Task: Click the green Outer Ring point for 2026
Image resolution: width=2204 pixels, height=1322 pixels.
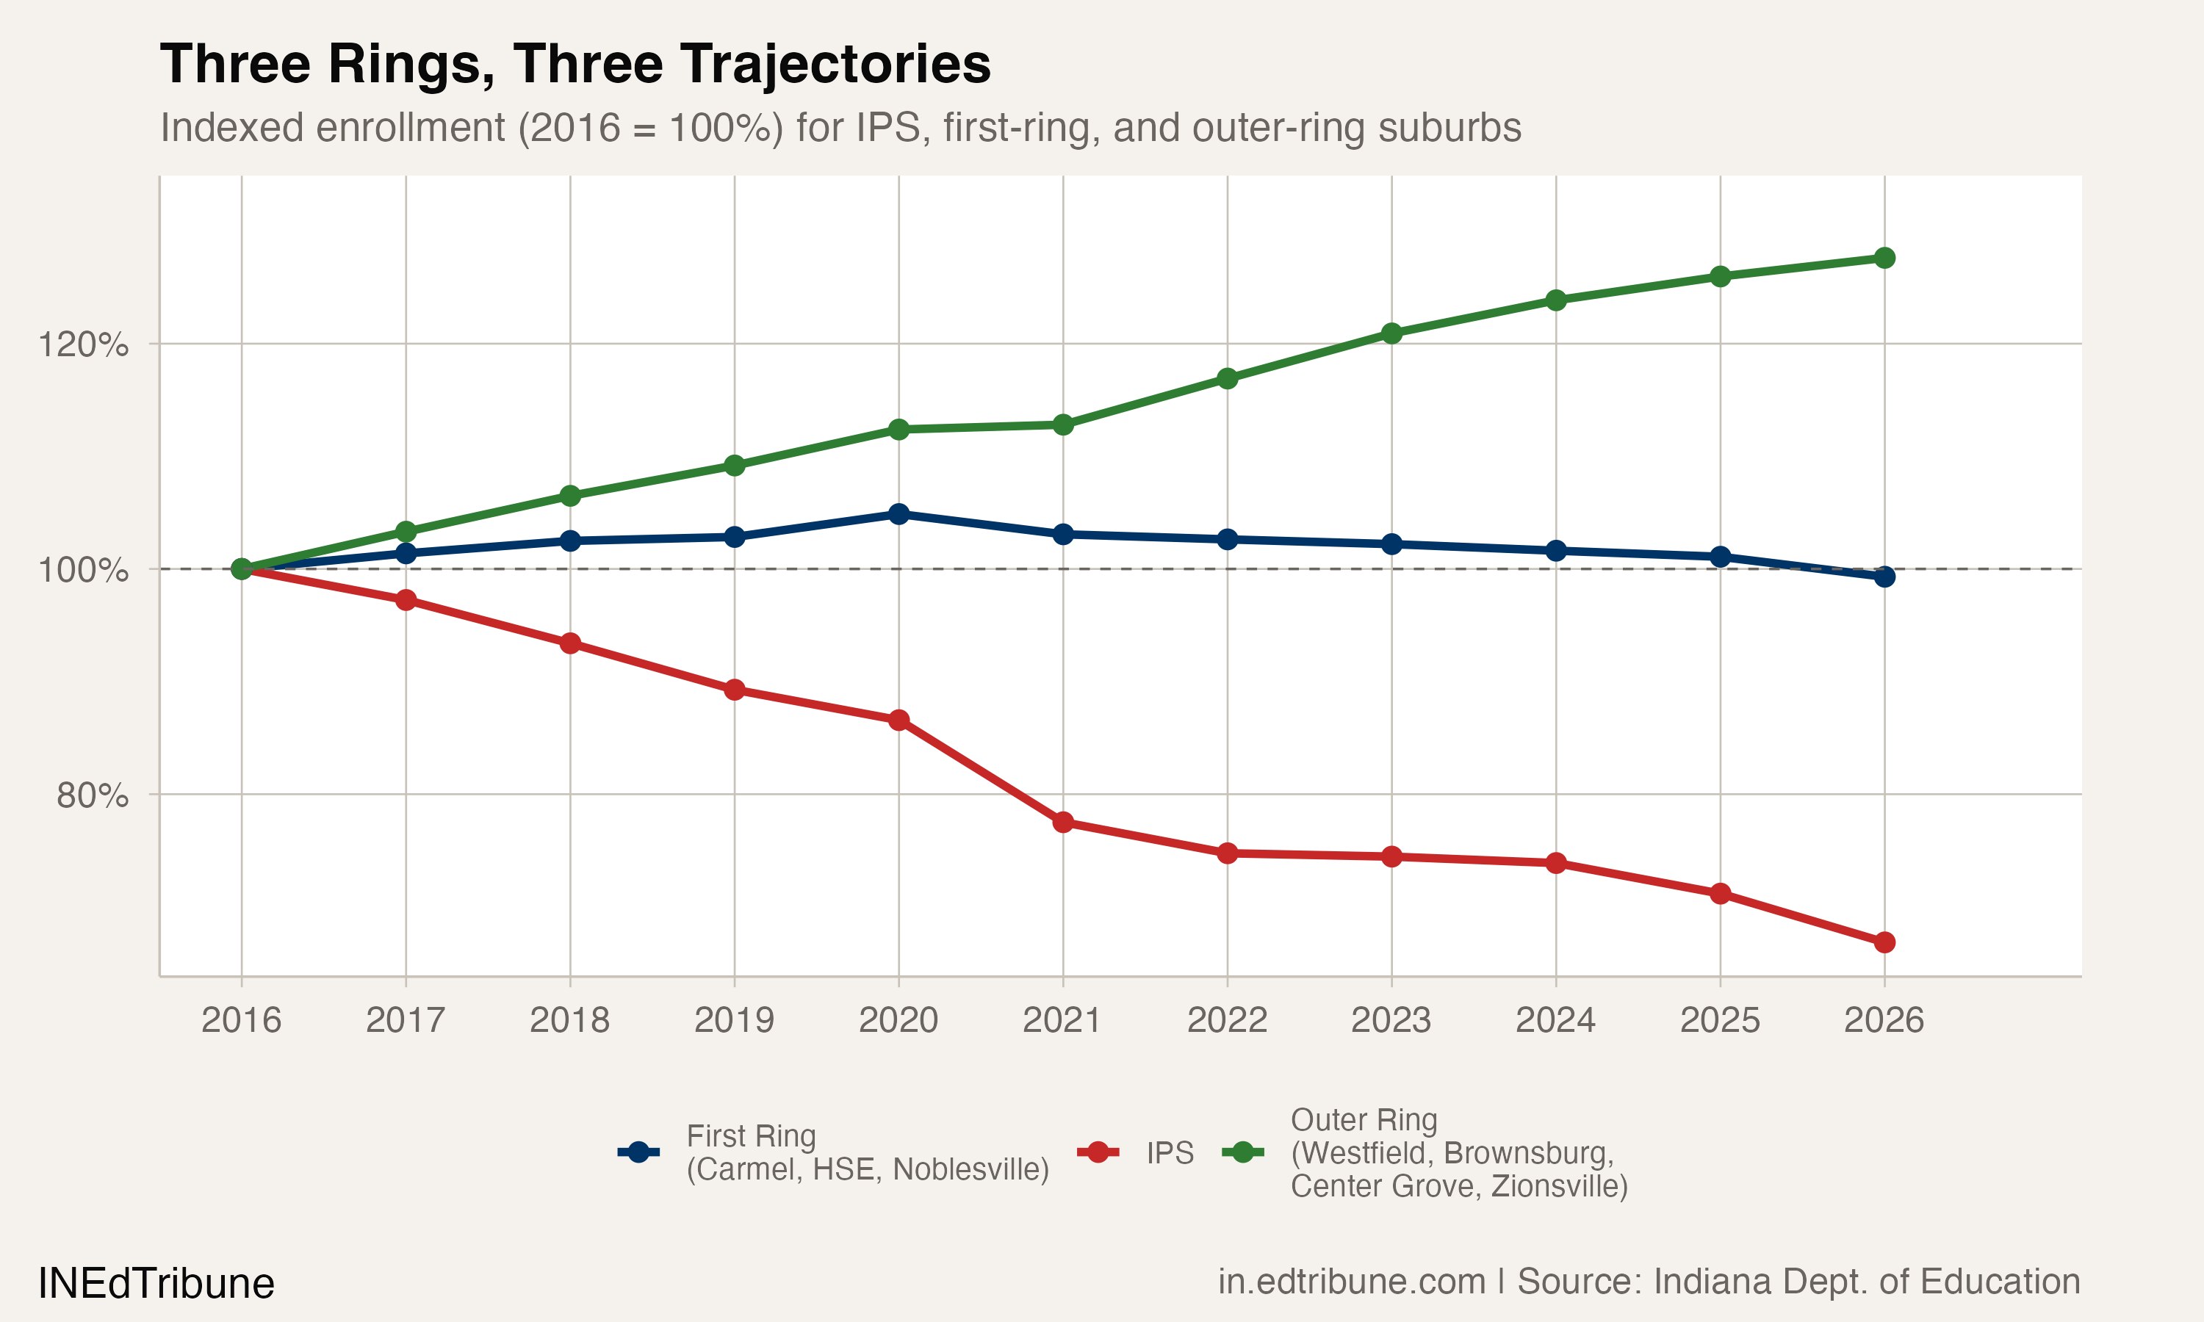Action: coord(1884,258)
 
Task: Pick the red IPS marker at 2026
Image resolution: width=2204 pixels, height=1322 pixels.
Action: coord(1884,942)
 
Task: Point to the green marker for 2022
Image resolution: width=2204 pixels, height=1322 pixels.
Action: coord(1228,378)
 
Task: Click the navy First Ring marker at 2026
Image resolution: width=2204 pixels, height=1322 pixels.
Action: coord(1884,577)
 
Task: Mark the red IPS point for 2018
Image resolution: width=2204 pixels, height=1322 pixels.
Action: coord(570,643)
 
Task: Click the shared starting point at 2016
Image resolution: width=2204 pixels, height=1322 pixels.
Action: coord(242,568)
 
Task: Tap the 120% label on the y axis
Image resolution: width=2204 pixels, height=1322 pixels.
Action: coord(83,344)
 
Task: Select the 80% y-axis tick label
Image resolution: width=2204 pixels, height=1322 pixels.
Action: coord(92,795)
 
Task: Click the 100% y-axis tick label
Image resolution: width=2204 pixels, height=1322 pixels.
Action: coord(83,569)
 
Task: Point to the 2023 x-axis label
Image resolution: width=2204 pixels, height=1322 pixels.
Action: coord(1391,1020)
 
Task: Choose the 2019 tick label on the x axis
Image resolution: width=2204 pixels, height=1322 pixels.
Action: coord(734,1020)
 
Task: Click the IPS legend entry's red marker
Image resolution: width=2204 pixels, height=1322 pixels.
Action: coord(1098,1153)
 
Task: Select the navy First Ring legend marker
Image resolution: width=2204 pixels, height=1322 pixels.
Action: coord(638,1153)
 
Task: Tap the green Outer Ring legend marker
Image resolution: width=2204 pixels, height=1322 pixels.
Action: coord(1243,1153)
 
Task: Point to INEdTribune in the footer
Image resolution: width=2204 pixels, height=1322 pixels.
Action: coord(156,1284)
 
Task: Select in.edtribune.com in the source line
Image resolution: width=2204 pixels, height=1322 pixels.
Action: coord(1352,1282)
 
